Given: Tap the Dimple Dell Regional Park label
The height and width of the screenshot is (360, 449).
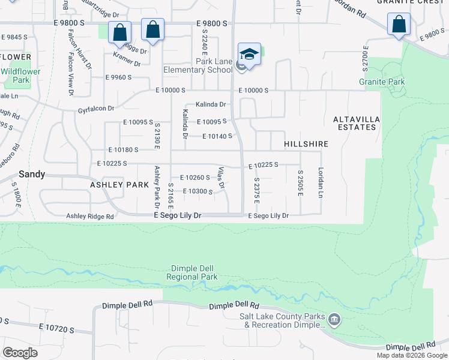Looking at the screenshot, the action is click(192, 273).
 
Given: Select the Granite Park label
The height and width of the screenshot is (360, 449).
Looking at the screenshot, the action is click(382, 82).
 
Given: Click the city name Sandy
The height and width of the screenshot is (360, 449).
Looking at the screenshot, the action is click(32, 174).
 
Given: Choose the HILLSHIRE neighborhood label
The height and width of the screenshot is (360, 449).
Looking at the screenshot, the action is click(306, 145).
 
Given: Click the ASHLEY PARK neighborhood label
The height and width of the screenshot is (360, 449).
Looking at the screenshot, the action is click(119, 185).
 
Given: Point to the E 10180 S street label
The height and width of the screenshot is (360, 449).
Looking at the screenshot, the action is click(124, 149).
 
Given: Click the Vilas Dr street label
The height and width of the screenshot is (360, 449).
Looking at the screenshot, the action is click(221, 178).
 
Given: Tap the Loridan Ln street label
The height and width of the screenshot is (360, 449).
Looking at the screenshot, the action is click(321, 182).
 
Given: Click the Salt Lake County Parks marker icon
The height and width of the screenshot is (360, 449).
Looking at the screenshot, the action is click(334, 318).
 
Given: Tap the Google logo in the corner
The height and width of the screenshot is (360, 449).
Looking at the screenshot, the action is click(20, 353).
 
